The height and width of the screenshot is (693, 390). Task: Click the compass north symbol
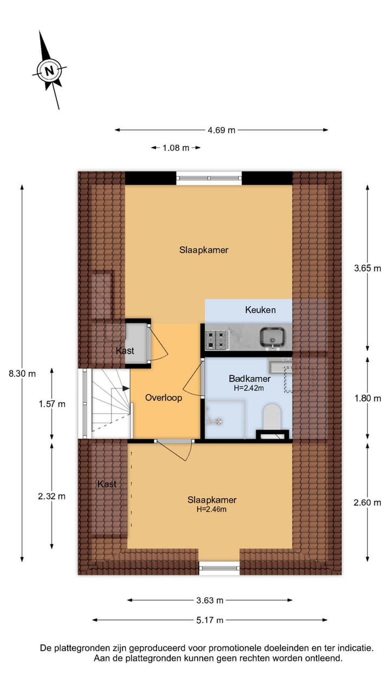(x=50, y=70)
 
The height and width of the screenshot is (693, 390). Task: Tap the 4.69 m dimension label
(x=222, y=130)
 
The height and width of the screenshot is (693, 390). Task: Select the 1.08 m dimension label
(x=175, y=148)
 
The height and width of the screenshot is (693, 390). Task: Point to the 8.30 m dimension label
(x=22, y=373)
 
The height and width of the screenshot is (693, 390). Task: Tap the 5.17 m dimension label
(x=210, y=620)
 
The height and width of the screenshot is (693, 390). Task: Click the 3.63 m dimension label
(x=210, y=600)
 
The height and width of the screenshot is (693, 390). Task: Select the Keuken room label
(x=261, y=310)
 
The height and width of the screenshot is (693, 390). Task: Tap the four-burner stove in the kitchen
(x=217, y=339)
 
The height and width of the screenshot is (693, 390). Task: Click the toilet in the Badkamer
(x=271, y=417)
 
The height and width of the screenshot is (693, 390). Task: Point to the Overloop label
(x=164, y=397)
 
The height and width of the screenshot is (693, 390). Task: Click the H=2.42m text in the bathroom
(x=249, y=388)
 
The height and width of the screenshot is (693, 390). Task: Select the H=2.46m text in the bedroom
(x=212, y=509)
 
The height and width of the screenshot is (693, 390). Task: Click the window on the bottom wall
(x=219, y=568)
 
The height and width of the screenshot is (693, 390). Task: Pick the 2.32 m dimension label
(x=51, y=496)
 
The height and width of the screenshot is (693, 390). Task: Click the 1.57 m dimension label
(x=51, y=404)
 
